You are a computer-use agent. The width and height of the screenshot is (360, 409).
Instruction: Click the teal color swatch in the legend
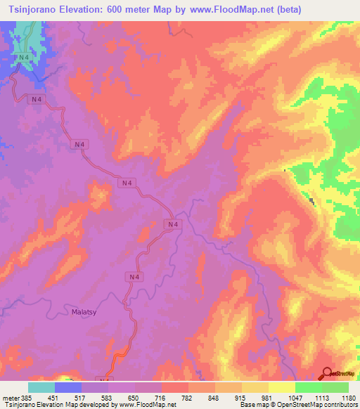(41, 387)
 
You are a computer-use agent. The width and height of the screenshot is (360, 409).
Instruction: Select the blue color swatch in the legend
(68, 387)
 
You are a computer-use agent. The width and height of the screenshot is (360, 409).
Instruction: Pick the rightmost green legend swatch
(335, 387)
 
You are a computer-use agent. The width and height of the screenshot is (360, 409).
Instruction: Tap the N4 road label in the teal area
(25, 57)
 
